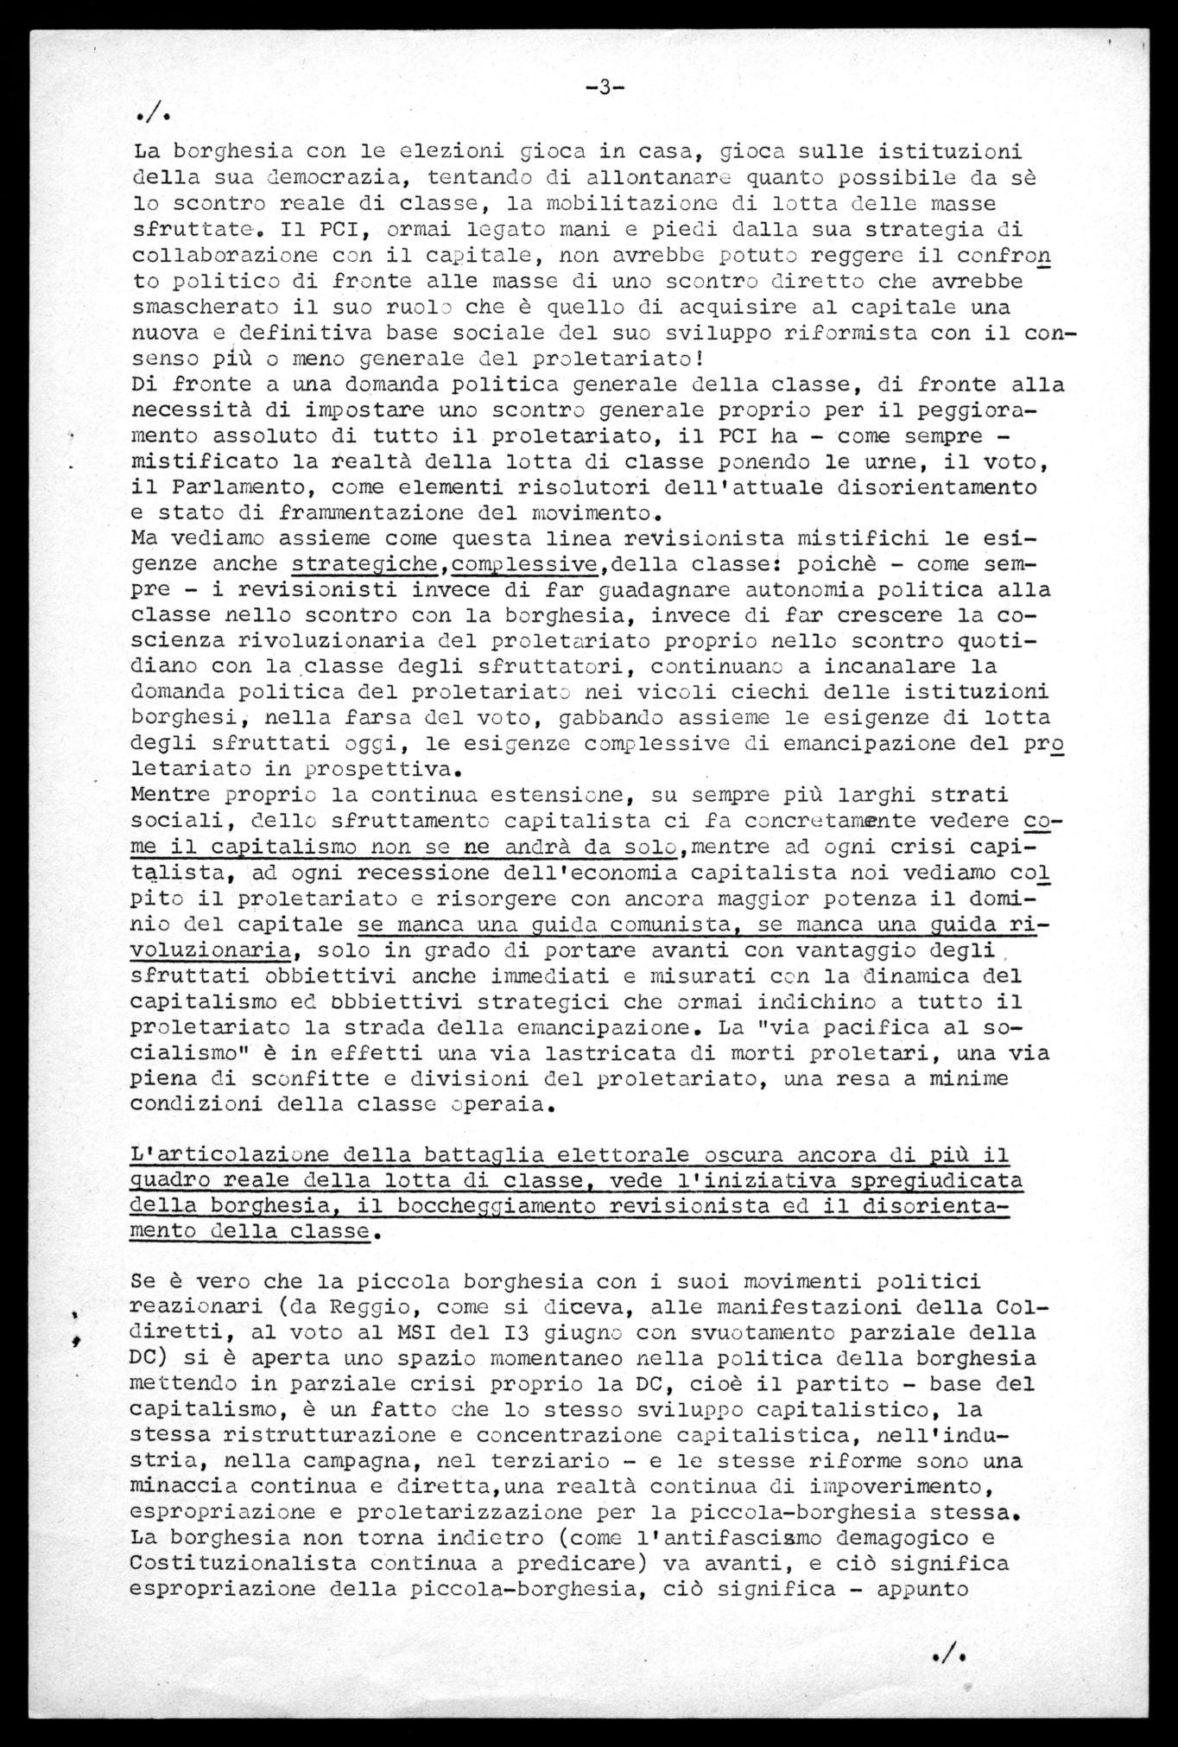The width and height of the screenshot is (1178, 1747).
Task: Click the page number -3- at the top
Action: click(x=605, y=86)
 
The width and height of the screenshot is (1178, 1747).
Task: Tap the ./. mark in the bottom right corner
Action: click(x=948, y=1654)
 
